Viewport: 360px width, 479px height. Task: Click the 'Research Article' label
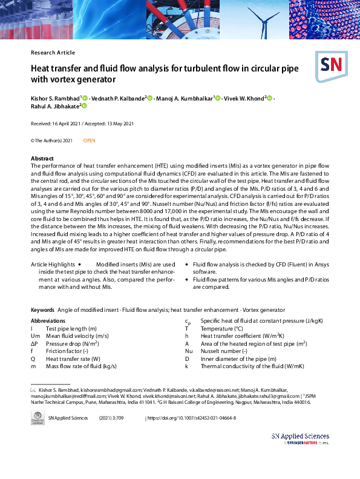(53, 53)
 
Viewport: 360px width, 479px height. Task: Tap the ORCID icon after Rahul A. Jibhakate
(85, 107)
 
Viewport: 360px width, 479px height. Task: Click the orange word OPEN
(89, 140)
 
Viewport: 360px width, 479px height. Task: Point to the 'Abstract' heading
(42, 158)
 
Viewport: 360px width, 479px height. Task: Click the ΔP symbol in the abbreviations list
(34, 343)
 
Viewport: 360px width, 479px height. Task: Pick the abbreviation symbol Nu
(189, 351)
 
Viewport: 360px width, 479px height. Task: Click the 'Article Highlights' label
(53, 265)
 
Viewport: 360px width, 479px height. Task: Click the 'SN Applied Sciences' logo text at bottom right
(300, 436)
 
